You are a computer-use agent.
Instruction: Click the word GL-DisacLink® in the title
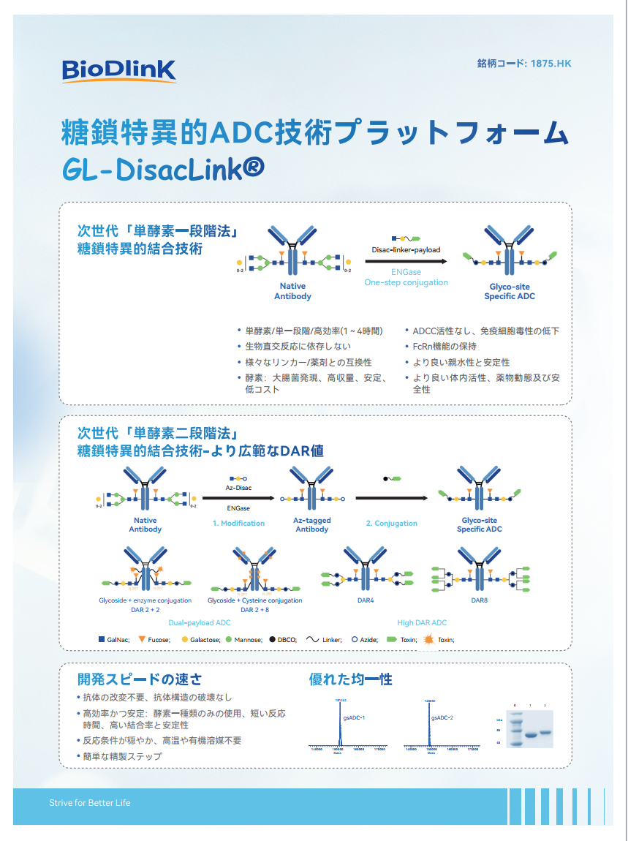coord(164,169)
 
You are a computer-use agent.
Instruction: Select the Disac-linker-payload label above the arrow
coord(406,249)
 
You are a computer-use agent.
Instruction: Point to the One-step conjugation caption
coord(406,282)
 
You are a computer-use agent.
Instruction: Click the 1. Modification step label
coord(238,523)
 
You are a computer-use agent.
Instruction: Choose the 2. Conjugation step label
coord(391,523)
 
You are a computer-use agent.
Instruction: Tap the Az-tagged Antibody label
coord(312,524)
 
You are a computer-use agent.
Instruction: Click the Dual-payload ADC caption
coord(200,623)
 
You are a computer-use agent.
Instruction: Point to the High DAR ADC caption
coord(422,623)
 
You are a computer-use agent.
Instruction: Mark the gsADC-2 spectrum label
coord(442,717)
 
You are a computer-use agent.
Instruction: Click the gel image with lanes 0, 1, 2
coord(531,725)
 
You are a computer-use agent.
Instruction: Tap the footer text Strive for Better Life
coord(90,803)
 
